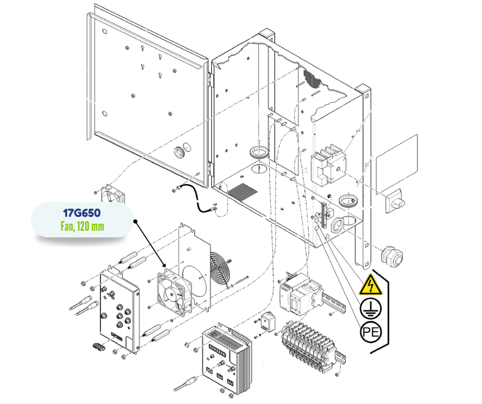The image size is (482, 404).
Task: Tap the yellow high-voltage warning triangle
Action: pyautogui.click(x=370, y=286)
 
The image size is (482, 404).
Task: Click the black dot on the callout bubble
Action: pyautogui.click(x=135, y=222)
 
